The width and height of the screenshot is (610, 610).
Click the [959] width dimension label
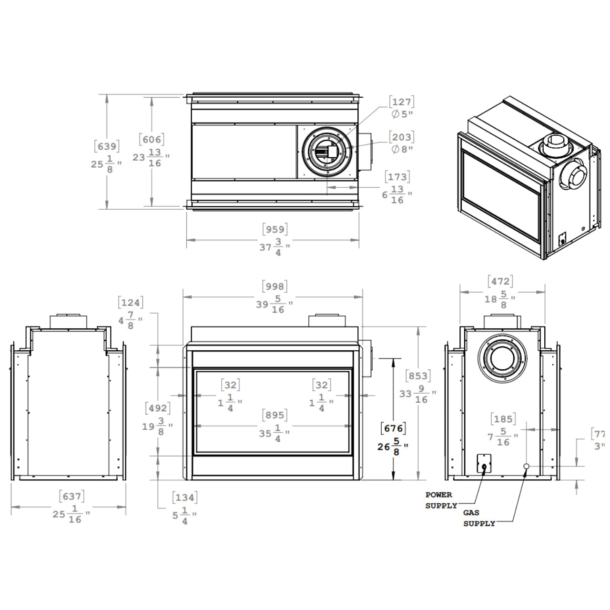tap(275, 230)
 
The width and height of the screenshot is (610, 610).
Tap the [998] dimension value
tap(275, 286)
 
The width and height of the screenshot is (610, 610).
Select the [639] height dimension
tap(107, 146)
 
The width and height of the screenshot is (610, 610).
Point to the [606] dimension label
tap(152, 139)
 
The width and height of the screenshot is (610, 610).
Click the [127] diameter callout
tap(401, 102)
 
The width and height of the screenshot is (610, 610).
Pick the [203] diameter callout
tap(401, 137)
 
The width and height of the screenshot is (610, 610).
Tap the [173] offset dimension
tap(397, 177)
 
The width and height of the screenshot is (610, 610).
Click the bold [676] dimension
tap(394, 428)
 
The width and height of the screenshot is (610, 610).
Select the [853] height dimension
tap(417, 376)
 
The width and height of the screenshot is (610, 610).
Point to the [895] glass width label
tap(275, 415)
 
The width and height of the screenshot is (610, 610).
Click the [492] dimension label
tap(157, 408)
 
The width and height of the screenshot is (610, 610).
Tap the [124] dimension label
tap(130, 303)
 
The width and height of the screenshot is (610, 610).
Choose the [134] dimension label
tap(184, 498)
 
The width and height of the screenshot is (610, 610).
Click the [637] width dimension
tap(71, 497)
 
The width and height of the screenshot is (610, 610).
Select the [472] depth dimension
tap(500, 282)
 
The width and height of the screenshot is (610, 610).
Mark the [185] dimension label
tap(503, 419)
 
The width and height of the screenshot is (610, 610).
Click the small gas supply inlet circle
tap(527, 466)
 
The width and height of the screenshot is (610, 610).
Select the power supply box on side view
tap(484, 463)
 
